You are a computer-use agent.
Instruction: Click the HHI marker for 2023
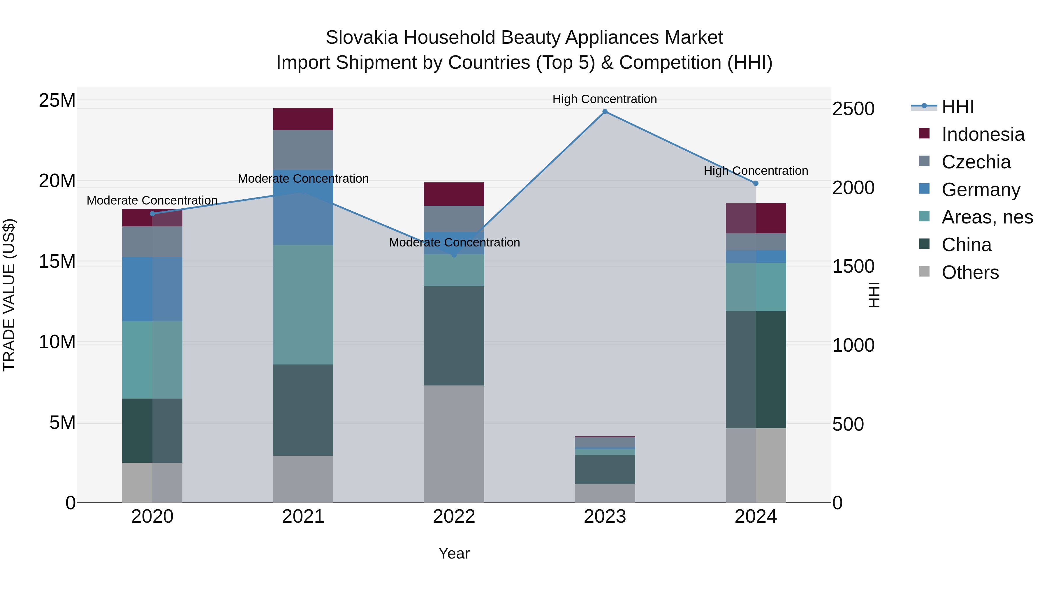[605, 112]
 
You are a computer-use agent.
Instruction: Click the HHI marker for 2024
[756, 184]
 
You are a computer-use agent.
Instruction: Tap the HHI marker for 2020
[152, 214]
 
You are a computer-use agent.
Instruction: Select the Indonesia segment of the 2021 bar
[303, 119]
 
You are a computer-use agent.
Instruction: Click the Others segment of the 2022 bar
[454, 444]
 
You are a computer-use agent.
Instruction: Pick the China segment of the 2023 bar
[605, 469]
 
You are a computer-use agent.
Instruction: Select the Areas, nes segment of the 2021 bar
[303, 304]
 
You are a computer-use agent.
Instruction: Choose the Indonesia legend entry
[982, 134]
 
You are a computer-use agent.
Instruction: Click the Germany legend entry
[981, 190]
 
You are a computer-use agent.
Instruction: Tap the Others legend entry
[970, 272]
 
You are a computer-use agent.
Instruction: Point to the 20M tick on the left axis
[57, 181]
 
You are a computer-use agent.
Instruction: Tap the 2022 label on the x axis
[454, 517]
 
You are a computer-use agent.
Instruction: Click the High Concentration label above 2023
[605, 99]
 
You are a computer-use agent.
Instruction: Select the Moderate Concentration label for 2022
[454, 242]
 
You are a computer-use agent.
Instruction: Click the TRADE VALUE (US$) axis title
[9, 295]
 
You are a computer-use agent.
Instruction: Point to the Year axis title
[454, 553]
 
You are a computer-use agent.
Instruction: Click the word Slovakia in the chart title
[362, 38]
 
